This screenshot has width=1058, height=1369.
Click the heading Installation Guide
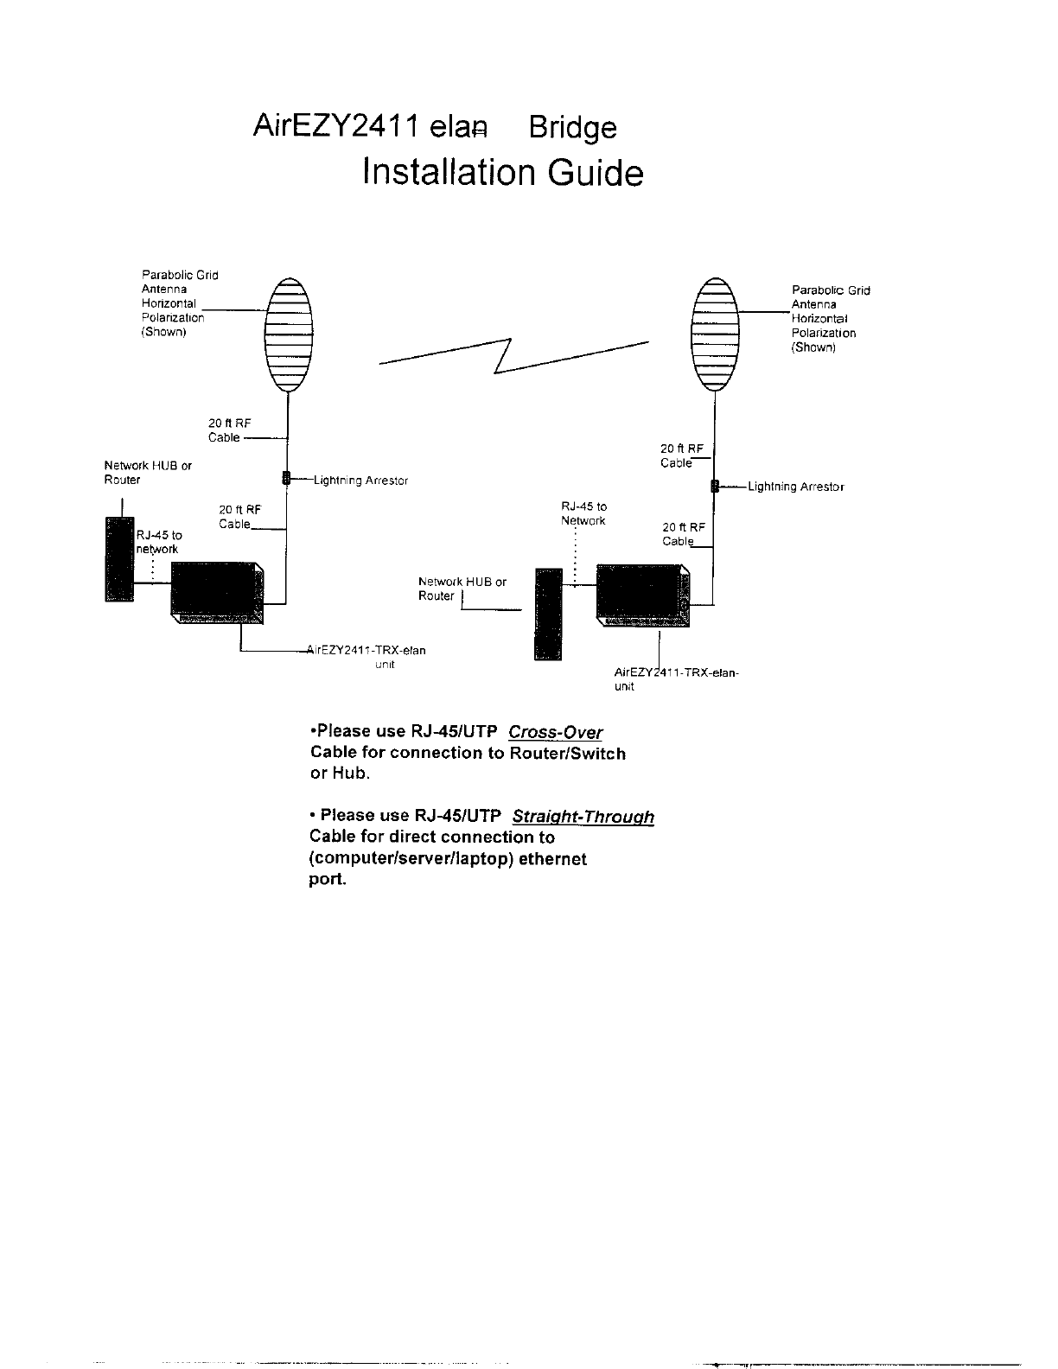click(x=503, y=173)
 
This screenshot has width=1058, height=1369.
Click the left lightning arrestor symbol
click(x=285, y=478)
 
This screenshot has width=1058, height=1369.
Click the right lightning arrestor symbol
click(x=714, y=486)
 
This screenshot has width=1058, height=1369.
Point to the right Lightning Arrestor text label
click(x=795, y=487)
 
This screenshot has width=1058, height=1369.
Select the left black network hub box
click(x=118, y=558)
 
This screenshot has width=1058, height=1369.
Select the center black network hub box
click(x=548, y=614)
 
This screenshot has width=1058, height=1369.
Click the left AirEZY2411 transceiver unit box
click(x=218, y=592)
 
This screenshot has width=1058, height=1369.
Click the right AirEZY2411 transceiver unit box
click(x=643, y=593)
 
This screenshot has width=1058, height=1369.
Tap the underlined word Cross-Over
click(x=556, y=733)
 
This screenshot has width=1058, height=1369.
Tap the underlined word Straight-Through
click(x=583, y=817)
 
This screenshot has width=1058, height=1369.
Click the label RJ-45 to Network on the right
click(x=583, y=513)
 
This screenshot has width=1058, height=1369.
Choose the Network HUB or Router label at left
click(x=148, y=472)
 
